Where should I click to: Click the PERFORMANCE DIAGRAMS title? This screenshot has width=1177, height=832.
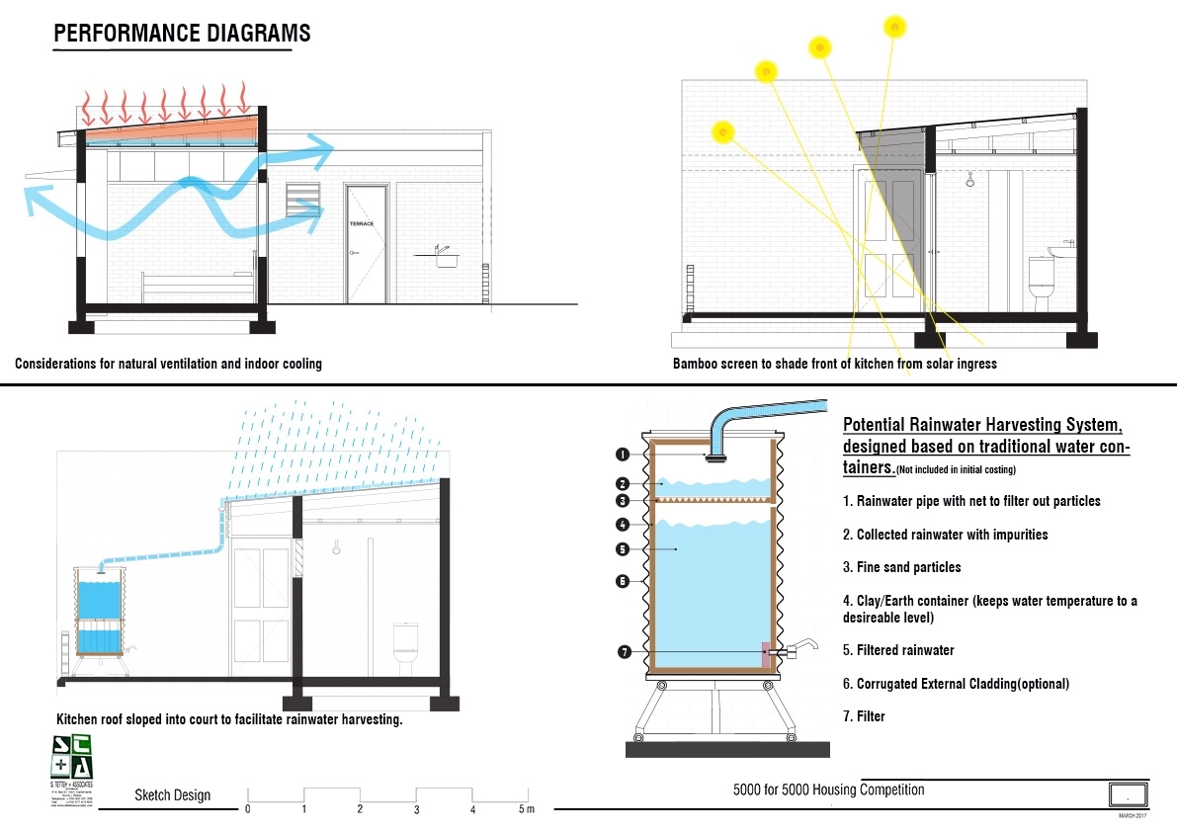pyautogui.click(x=182, y=34)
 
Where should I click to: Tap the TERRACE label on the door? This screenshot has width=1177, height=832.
pyautogui.click(x=363, y=224)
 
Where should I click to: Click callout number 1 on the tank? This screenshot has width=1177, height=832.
pyautogui.click(x=623, y=455)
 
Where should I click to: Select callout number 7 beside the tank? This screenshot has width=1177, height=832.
pyautogui.click(x=623, y=652)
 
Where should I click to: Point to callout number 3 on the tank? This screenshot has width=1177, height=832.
pyautogui.click(x=623, y=501)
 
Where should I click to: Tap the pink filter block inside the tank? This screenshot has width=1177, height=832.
pyautogui.click(x=765, y=653)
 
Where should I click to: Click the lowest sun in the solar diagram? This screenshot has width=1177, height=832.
pyautogui.click(x=723, y=131)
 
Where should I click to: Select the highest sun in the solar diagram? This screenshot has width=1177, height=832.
pyautogui.click(x=894, y=26)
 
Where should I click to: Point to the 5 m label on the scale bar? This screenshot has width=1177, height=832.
pyautogui.click(x=526, y=810)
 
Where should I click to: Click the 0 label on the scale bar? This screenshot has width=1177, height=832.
pyautogui.click(x=247, y=810)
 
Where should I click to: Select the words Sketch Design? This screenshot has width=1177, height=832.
pyautogui.click(x=173, y=795)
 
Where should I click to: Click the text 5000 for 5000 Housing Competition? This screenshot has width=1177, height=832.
pyautogui.click(x=828, y=790)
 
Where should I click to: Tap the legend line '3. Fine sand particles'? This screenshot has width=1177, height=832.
pyautogui.click(x=901, y=567)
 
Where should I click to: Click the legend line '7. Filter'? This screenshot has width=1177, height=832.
pyautogui.click(x=864, y=715)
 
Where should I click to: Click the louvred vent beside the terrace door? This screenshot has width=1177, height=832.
pyautogui.click(x=299, y=201)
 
